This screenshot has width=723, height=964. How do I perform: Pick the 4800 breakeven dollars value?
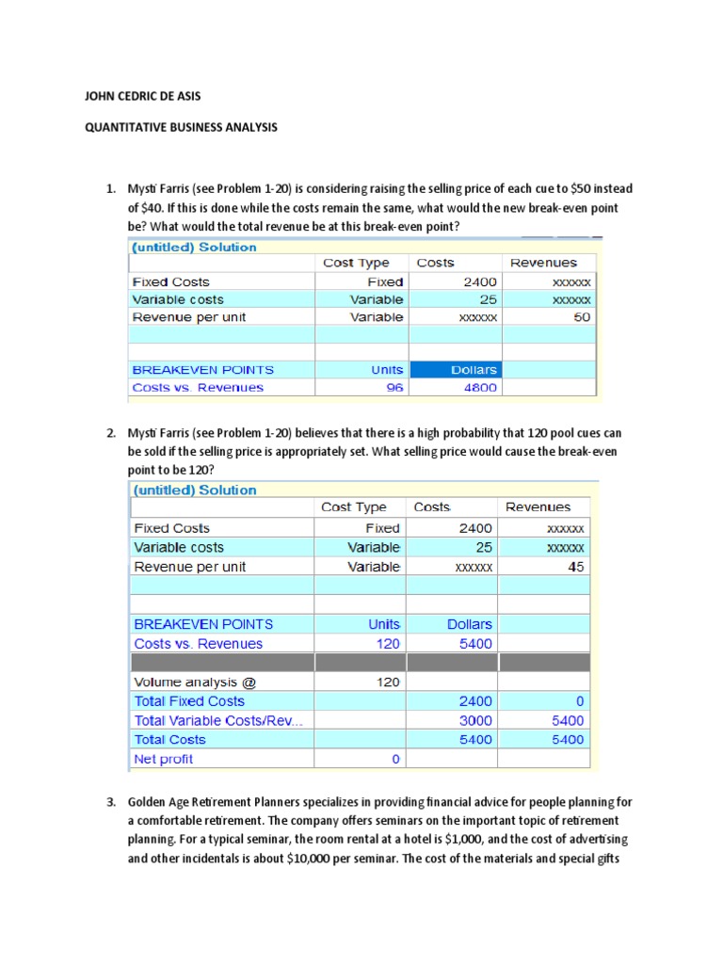click(481, 387)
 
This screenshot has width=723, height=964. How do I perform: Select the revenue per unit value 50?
click(582, 317)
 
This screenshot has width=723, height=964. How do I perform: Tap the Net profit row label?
click(164, 759)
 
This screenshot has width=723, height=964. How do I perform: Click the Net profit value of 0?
click(395, 759)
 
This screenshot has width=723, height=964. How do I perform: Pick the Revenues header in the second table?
click(538, 506)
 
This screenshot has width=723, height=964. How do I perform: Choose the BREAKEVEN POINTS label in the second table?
click(203, 624)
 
